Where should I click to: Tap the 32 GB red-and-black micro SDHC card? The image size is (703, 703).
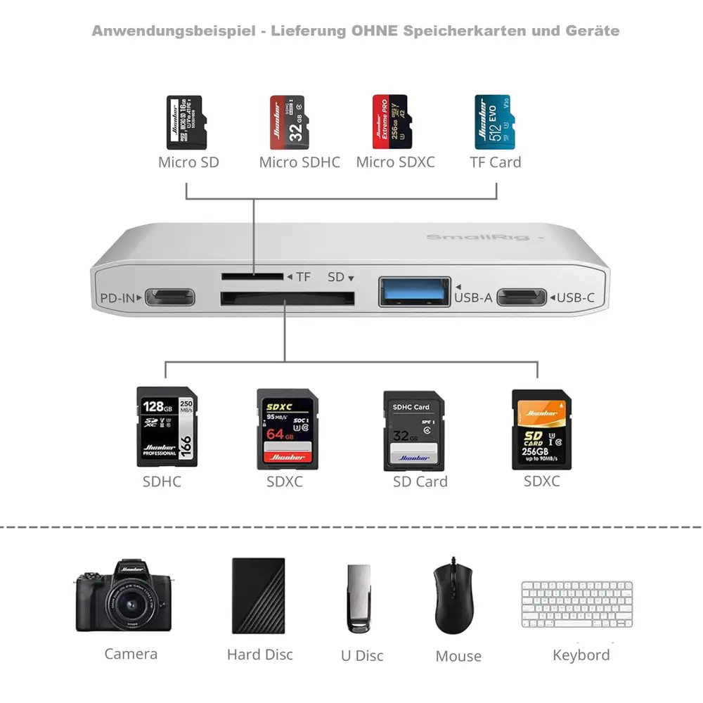coord(288,122)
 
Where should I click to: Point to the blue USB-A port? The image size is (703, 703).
coord(414,292)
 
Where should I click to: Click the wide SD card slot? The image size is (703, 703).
coord(287,299)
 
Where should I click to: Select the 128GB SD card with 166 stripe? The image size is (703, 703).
coord(167,427)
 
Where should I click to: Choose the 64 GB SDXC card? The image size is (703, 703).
coord(287,430)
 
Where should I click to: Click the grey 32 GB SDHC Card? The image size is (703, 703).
coord(413,431)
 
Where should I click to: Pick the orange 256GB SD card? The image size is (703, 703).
coord(541,430)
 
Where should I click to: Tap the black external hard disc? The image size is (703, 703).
coord(258,596)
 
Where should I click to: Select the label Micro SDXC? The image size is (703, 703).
coord(395,162)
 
